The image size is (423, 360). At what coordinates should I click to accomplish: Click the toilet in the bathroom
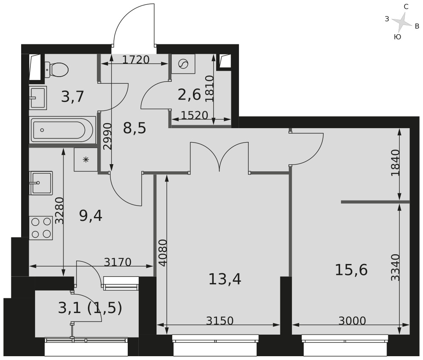pyautogui.click(x=56, y=69)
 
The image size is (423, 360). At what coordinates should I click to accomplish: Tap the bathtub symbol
pyautogui.click(x=62, y=130)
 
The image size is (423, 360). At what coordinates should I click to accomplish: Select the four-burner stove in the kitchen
pyautogui.click(x=41, y=227)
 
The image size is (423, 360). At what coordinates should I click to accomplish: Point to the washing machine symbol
pyautogui.click(x=184, y=64)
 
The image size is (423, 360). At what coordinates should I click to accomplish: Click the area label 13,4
pyautogui.click(x=225, y=279)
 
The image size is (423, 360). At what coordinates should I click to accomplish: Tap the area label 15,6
pyautogui.click(x=351, y=270)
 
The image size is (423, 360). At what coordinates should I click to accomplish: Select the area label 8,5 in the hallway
pyautogui.click(x=135, y=129)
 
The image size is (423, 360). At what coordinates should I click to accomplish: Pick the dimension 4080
pyautogui.click(x=163, y=253)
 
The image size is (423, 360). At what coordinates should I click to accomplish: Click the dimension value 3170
pyautogui.click(x=118, y=262)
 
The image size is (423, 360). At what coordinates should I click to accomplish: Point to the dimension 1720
pyautogui.click(x=136, y=60)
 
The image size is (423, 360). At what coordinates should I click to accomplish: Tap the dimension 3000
pyautogui.click(x=352, y=321)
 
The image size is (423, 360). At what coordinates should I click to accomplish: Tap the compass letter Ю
pyautogui.click(x=397, y=37)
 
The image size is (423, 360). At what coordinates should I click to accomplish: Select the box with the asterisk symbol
pyautogui.click(x=86, y=159)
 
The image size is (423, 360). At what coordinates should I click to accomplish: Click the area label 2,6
pyautogui.click(x=190, y=95)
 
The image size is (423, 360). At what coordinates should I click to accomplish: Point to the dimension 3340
pyautogui.click(x=396, y=267)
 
